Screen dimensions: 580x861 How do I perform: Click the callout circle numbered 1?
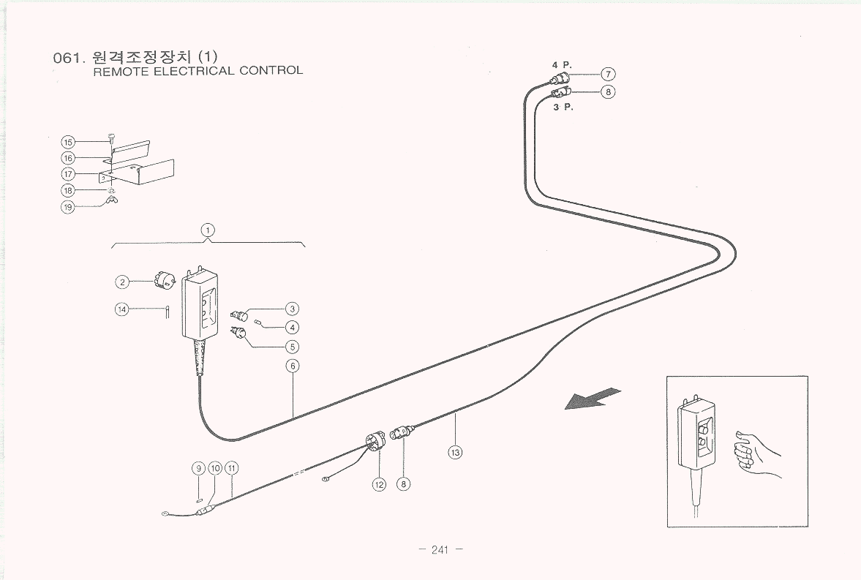coord(208,230)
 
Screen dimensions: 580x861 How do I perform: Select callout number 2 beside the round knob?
coord(122,282)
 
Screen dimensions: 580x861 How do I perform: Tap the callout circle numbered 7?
coord(608,74)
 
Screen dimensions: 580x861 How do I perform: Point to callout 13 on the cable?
coord(455,452)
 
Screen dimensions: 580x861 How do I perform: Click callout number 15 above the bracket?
coord(68,142)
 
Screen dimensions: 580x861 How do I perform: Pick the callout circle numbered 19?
coord(68,206)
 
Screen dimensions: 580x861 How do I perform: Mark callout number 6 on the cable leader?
coord(292,366)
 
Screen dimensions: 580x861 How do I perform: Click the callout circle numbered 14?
coord(121,309)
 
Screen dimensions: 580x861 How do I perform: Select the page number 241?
coord(439,551)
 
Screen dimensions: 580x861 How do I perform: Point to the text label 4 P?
coord(561,65)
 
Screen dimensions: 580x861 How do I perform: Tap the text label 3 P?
coord(563,108)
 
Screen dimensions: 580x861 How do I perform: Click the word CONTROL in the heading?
coord(271,71)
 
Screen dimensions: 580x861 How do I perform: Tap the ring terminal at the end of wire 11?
coord(165,514)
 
